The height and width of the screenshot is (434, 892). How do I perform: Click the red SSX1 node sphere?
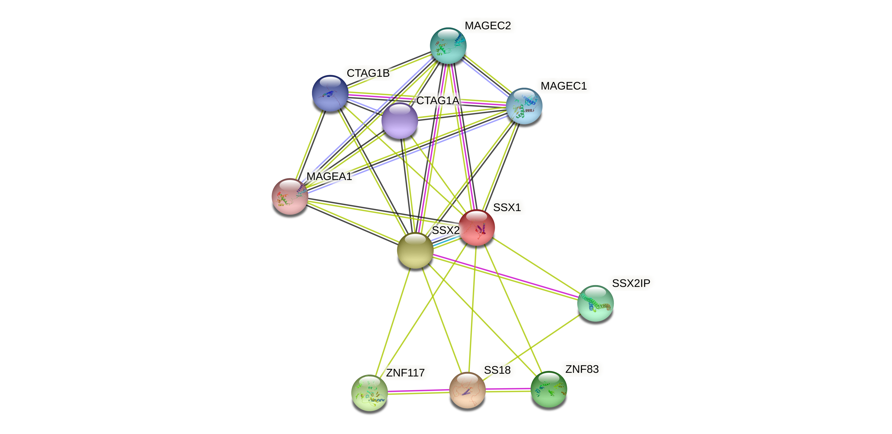[x=477, y=228]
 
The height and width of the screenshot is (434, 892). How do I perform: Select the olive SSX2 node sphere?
[x=415, y=251]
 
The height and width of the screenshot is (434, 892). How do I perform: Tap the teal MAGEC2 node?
[x=448, y=46]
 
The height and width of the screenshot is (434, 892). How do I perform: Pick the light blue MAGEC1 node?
[x=524, y=106]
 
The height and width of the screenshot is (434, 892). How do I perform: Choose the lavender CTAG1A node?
[x=400, y=121]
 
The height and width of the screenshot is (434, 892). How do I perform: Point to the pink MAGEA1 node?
[x=290, y=196]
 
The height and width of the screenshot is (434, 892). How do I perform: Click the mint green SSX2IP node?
[x=595, y=303]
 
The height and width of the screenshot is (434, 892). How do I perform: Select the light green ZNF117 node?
[x=369, y=393]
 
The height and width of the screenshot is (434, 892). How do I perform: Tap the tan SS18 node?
[x=467, y=390]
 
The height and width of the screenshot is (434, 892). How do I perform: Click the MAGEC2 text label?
[x=488, y=26]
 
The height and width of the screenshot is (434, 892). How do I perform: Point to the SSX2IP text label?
[x=631, y=283]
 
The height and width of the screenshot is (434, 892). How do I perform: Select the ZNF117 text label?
[x=405, y=373]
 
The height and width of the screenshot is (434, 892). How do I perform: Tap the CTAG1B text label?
[x=368, y=73]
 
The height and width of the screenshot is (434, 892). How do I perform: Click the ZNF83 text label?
[x=582, y=369]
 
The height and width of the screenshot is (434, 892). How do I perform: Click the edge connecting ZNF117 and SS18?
[x=418, y=392]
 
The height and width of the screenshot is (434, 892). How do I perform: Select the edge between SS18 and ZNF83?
[x=508, y=390]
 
